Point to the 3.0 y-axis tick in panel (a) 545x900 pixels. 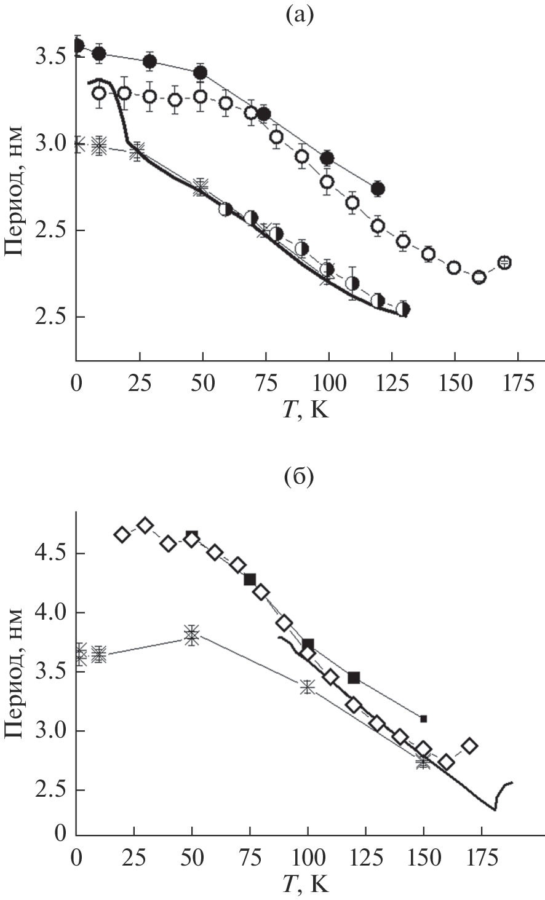tap(52, 144)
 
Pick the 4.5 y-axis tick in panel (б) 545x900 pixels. tap(52, 554)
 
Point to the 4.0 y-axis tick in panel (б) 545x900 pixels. tap(52, 613)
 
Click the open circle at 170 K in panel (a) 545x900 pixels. tap(504, 262)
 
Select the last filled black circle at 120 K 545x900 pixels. tap(378, 189)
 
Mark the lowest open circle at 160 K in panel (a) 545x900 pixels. tap(479, 277)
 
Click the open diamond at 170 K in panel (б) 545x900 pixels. tap(470, 746)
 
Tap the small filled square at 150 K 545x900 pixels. tap(423, 719)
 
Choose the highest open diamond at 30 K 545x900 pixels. tap(145, 525)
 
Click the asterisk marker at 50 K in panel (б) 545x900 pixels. tap(192, 635)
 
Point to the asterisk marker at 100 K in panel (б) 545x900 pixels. tap(307, 687)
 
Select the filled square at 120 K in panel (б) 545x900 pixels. tap(354, 677)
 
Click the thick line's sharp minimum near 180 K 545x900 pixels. tap(494, 810)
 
